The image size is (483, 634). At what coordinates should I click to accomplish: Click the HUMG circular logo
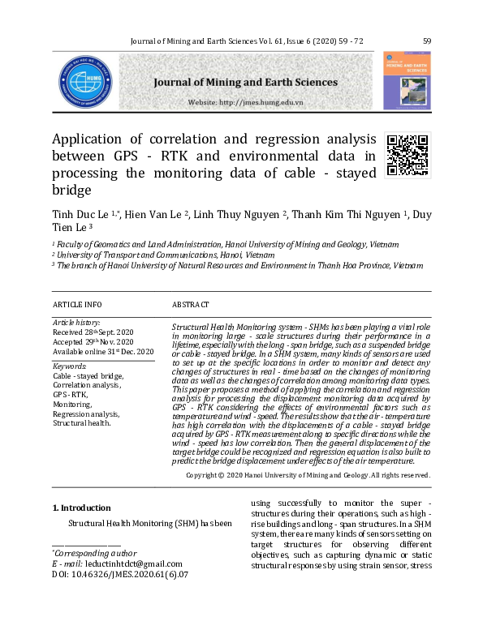(x=85, y=82)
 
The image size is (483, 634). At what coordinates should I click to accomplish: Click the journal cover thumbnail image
(x=407, y=81)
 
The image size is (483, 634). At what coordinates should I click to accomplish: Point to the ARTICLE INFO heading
(x=77, y=304)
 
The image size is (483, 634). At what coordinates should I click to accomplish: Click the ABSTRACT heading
(x=191, y=304)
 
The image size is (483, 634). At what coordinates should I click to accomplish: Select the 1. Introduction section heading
(x=81, y=508)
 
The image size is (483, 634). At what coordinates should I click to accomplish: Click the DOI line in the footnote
(x=120, y=574)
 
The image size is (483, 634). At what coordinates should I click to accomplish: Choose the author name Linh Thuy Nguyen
(x=239, y=214)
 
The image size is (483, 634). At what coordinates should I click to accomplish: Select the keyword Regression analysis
(x=86, y=413)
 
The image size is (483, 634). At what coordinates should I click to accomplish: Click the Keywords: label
(x=69, y=366)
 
